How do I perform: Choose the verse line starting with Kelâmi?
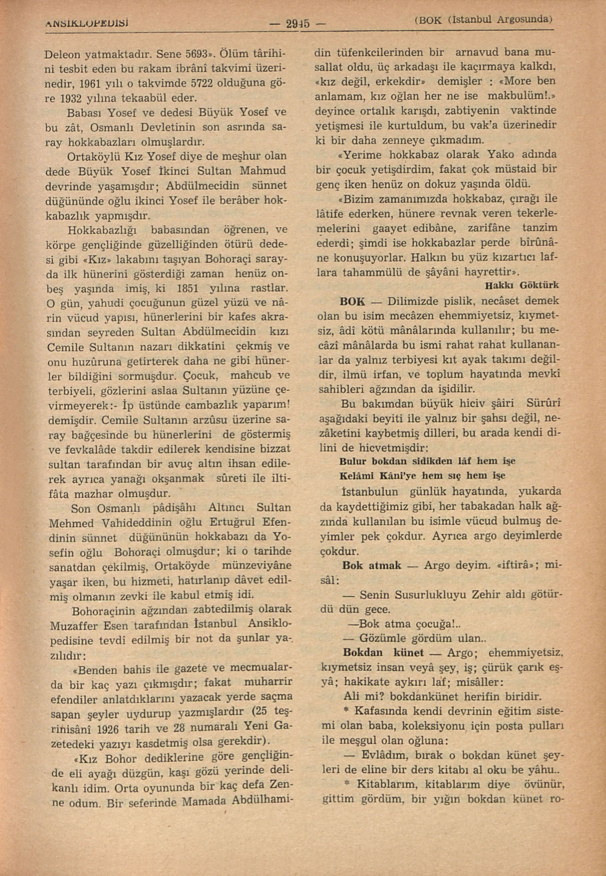(x=422, y=476)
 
